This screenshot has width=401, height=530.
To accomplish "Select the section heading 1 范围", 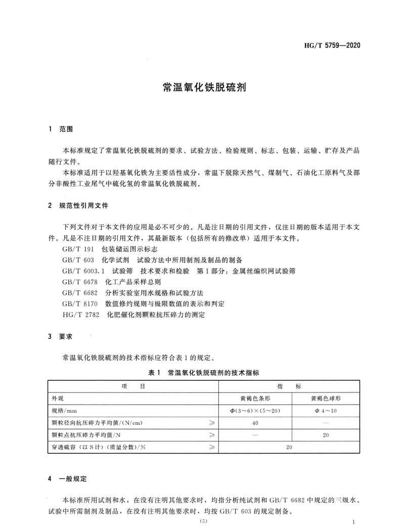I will point(60,129).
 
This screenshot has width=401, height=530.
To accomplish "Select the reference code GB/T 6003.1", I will point(83,271).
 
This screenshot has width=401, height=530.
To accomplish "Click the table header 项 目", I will point(133,386).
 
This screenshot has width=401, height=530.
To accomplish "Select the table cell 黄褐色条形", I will point(255,398).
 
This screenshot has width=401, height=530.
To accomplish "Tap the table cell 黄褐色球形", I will point(326,398).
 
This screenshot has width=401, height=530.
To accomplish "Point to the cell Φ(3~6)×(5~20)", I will point(255,410).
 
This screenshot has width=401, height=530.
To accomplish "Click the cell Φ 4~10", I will point(326,410).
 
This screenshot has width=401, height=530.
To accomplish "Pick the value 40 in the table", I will point(255,422).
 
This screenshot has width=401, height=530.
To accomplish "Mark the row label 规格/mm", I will point(63,410).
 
